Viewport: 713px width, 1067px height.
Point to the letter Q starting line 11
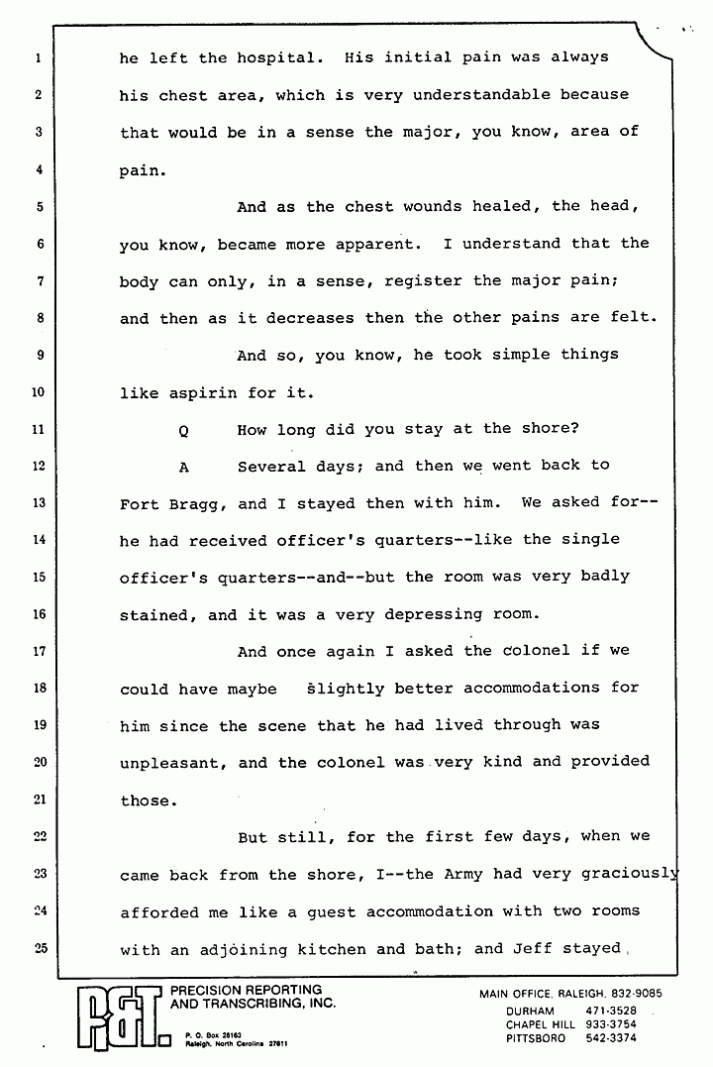coord(184,430)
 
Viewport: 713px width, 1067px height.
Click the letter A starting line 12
coord(184,467)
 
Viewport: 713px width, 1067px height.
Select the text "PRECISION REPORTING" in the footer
coord(247,990)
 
